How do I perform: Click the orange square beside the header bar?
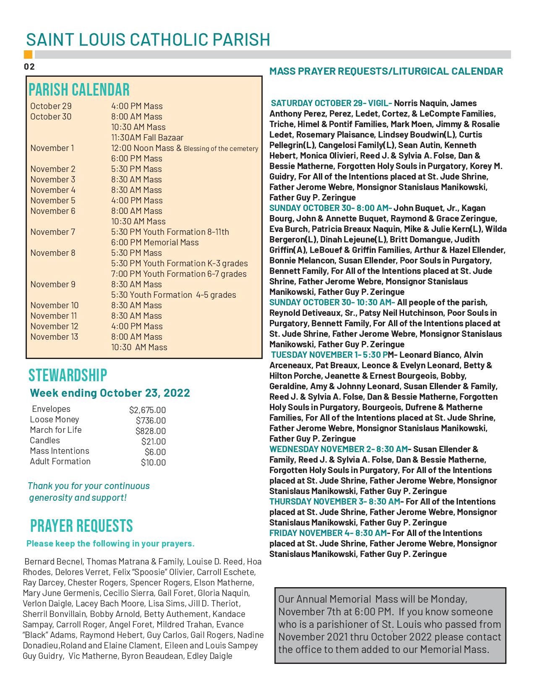(x=28, y=55)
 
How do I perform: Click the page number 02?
(x=29, y=67)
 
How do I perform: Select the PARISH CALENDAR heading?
(x=79, y=90)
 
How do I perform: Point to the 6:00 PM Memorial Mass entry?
(x=155, y=242)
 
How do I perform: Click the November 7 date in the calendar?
(x=53, y=232)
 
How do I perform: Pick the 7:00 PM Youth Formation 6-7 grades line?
(x=179, y=274)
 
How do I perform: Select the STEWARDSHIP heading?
(x=68, y=375)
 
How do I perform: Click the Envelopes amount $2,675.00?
(x=147, y=410)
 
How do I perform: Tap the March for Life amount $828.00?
(x=150, y=431)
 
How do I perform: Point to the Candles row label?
(x=45, y=440)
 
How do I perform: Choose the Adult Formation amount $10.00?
(x=153, y=463)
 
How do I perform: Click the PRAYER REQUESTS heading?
(x=81, y=526)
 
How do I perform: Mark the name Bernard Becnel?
(x=54, y=562)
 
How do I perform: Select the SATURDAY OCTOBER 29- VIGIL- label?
(x=331, y=103)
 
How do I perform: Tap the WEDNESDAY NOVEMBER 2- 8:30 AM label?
(x=339, y=449)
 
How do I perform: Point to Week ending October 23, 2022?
(x=110, y=393)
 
